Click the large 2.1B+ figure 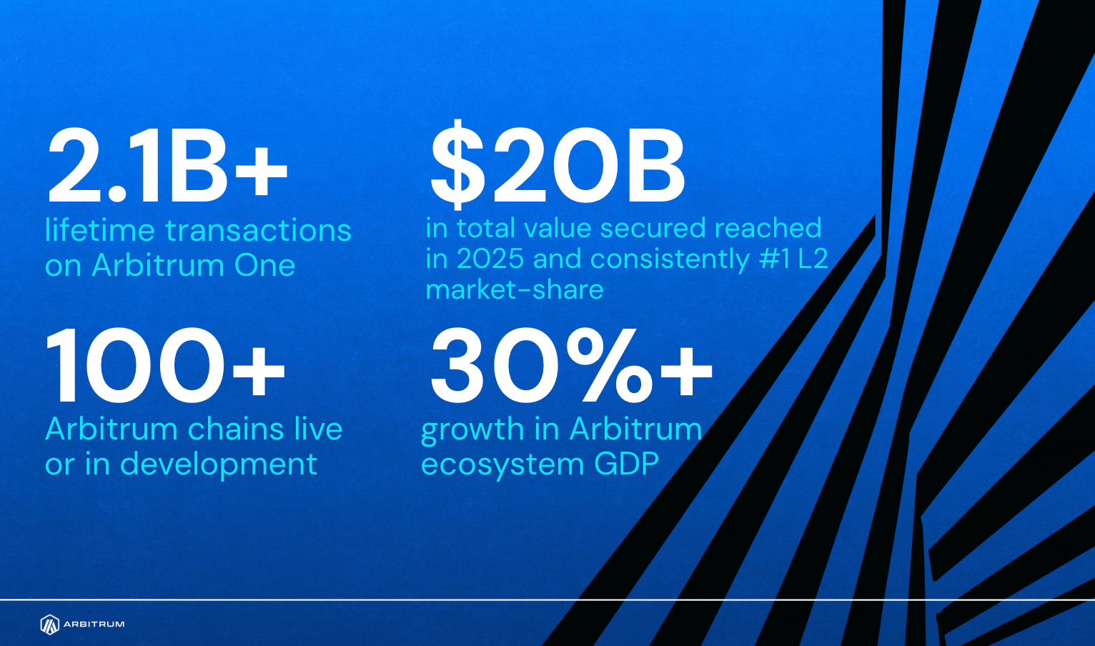[x=167, y=165]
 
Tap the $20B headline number [x=558, y=164]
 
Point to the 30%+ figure [x=571, y=364]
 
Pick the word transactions [x=258, y=230]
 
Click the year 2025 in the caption [x=490, y=258]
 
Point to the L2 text [x=813, y=258]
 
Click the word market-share [x=515, y=289]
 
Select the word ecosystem [x=502, y=464]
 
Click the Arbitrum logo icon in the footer [x=50, y=624]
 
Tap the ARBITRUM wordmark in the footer [x=94, y=624]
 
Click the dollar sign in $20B [x=457, y=164]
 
